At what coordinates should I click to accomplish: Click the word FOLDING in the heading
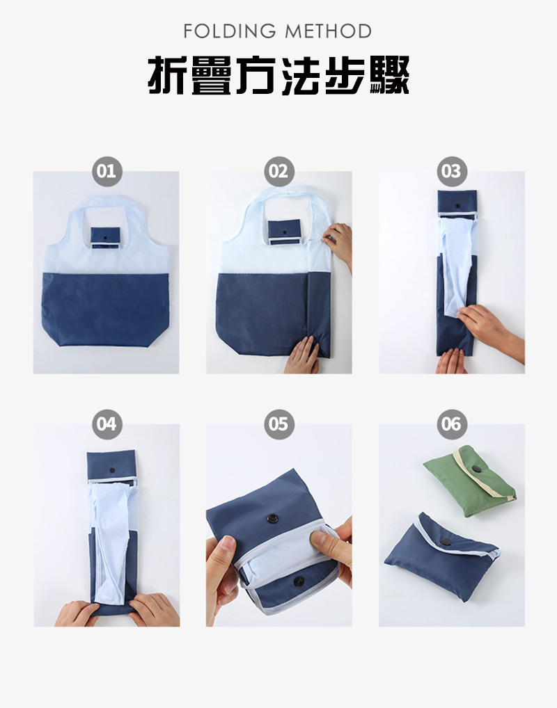click(x=230, y=31)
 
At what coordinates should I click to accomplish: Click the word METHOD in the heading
click(x=328, y=31)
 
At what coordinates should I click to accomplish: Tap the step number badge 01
click(x=107, y=172)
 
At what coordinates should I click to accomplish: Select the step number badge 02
click(x=279, y=172)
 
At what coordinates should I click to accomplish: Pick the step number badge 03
click(x=452, y=172)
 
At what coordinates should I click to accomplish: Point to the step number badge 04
click(x=107, y=424)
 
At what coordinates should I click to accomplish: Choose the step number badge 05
click(x=279, y=424)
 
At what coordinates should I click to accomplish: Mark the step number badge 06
click(x=452, y=424)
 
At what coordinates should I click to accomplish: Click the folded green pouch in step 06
click(x=470, y=481)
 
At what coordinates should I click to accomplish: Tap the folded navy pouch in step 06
click(x=442, y=556)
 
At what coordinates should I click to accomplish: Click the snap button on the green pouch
click(x=477, y=469)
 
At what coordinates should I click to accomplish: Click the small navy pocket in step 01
click(x=105, y=237)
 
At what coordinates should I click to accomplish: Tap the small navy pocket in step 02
click(x=284, y=232)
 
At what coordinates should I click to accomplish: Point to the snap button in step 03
click(x=457, y=206)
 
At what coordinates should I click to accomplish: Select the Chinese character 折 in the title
click(x=167, y=75)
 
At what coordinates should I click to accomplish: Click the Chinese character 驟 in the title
click(x=389, y=75)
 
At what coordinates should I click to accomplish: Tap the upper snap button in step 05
click(x=272, y=518)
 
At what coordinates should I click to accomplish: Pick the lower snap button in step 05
click(x=299, y=581)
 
